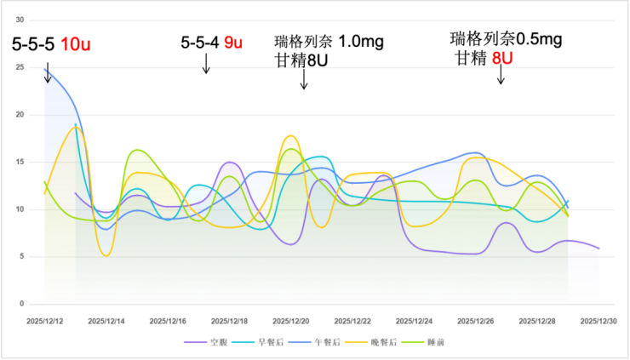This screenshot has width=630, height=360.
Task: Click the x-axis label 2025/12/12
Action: tap(44, 321)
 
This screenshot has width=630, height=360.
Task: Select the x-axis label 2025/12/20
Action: tap(291, 321)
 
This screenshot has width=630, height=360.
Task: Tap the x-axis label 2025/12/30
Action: tap(598, 321)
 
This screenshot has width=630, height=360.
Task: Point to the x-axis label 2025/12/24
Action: tap(414, 321)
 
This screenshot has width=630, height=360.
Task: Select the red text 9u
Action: tap(232, 42)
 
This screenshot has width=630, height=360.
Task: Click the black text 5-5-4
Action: tap(200, 42)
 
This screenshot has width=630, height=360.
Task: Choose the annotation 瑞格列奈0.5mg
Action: tap(506, 39)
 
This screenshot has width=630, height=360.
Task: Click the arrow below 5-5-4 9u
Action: tap(206, 67)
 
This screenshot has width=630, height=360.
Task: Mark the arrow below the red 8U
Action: tap(501, 76)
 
